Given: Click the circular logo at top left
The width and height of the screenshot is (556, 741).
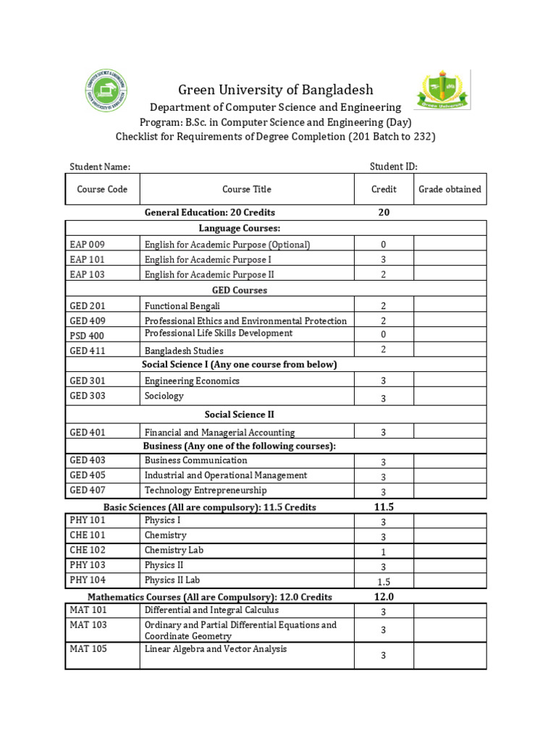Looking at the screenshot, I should coord(107,92).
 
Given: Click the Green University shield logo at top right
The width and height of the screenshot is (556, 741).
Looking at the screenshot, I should coord(442,90).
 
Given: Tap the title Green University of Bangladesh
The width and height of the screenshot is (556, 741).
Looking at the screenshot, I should coord(276,90).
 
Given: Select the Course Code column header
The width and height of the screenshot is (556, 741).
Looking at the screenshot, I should coord(102,190).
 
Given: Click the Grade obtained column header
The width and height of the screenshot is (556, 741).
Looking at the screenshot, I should coord(450,190).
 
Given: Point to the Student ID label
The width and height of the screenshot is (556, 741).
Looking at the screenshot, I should coord(393,166).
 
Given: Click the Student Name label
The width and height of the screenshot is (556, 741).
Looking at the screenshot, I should coord(100,167).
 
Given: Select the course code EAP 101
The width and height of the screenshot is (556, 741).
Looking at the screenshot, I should coord(88,260).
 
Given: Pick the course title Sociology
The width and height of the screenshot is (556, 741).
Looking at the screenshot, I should coord(164,397).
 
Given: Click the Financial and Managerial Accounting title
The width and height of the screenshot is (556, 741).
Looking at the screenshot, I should coord(219,433).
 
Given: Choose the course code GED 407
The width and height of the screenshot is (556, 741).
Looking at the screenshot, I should coord(88,491).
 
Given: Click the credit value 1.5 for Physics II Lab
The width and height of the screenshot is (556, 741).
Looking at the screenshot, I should coord(384,582).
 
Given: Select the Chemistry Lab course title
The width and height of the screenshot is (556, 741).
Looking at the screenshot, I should coord(174,550).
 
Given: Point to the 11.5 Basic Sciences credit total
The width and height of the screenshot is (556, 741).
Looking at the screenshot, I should coord(384,507).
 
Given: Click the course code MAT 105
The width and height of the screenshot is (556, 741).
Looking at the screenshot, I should coord(88,649).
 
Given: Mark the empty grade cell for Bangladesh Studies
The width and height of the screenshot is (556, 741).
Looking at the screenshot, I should coord(450,350).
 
